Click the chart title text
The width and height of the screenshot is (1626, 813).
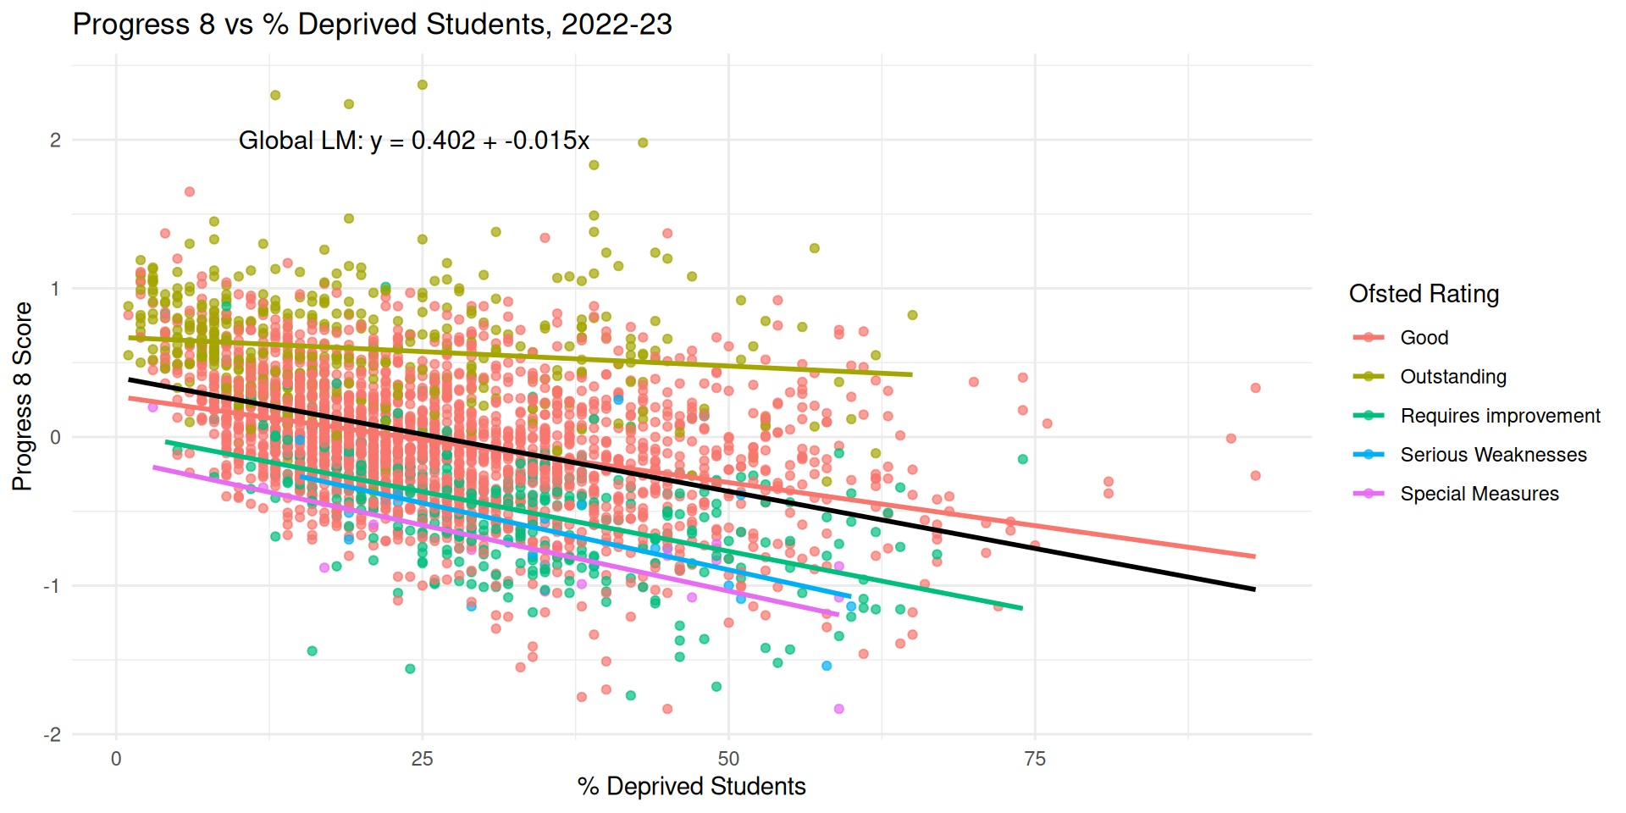pyautogui.click(x=372, y=25)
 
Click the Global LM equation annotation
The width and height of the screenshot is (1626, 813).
pyautogui.click(x=413, y=141)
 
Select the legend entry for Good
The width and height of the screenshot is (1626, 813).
pyautogui.click(x=1424, y=338)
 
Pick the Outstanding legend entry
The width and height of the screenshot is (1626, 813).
pyautogui.click(x=1452, y=377)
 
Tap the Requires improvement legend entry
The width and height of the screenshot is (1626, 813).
pyautogui.click(x=1499, y=416)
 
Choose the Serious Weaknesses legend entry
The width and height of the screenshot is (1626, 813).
pyautogui.click(x=1492, y=455)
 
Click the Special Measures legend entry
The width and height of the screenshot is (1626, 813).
pyautogui.click(x=1479, y=494)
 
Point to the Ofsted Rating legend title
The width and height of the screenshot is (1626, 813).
pyautogui.click(x=1424, y=294)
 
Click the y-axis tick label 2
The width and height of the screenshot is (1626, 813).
pyautogui.click(x=55, y=141)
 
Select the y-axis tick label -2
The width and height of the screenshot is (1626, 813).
pyautogui.click(x=53, y=735)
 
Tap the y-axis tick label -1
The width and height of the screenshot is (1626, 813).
pyautogui.click(x=53, y=586)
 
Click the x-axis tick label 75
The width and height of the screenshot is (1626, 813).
pyautogui.click(x=1035, y=759)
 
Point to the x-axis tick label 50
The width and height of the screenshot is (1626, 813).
pyautogui.click(x=728, y=759)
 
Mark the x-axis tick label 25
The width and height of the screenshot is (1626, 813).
pyautogui.click(x=422, y=759)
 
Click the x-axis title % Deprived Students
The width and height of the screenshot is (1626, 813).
pyautogui.click(x=691, y=787)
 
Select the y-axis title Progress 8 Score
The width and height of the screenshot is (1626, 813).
pyautogui.click(x=22, y=396)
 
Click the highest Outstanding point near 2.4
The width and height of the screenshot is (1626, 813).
pyautogui.click(x=423, y=85)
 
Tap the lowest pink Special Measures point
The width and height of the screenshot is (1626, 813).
pyautogui.click(x=838, y=709)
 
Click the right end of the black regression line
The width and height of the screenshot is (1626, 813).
pyautogui.click(x=1254, y=589)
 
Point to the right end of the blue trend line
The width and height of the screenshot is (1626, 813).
pyautogui.click(x=849, y=596)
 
